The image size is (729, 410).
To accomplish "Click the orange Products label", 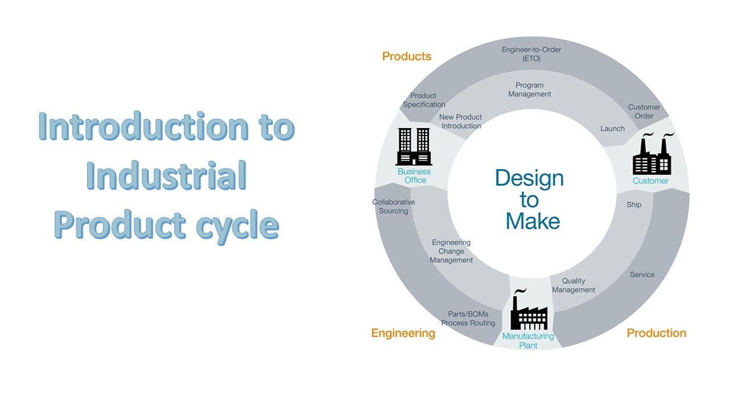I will (406, 56).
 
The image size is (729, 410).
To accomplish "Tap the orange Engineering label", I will (403, 333).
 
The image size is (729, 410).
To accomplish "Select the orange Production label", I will (656, 333).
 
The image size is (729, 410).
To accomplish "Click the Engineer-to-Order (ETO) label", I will (531, 54).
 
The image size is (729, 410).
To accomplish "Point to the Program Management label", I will (530, 90).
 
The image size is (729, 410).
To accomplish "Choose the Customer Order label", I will (644, 112).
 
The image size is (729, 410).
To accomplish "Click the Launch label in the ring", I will (612, 129).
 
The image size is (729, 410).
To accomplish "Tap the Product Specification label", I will (424, 100).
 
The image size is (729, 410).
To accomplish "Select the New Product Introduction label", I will (460, 121).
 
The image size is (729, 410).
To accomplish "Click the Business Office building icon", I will (413, 146).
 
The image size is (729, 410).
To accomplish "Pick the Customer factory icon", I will (652, 155).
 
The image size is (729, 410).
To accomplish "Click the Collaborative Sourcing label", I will (394, 207).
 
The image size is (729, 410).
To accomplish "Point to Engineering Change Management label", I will (451, 251).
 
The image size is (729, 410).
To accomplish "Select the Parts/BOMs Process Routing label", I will (468, 319).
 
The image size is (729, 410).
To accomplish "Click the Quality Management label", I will (574, 285).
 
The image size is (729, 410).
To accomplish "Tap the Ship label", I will (633, 204).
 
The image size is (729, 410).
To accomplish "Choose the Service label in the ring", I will (642, 274).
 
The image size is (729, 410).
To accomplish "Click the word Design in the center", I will (529, 178).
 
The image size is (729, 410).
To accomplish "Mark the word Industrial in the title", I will (166, 177).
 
